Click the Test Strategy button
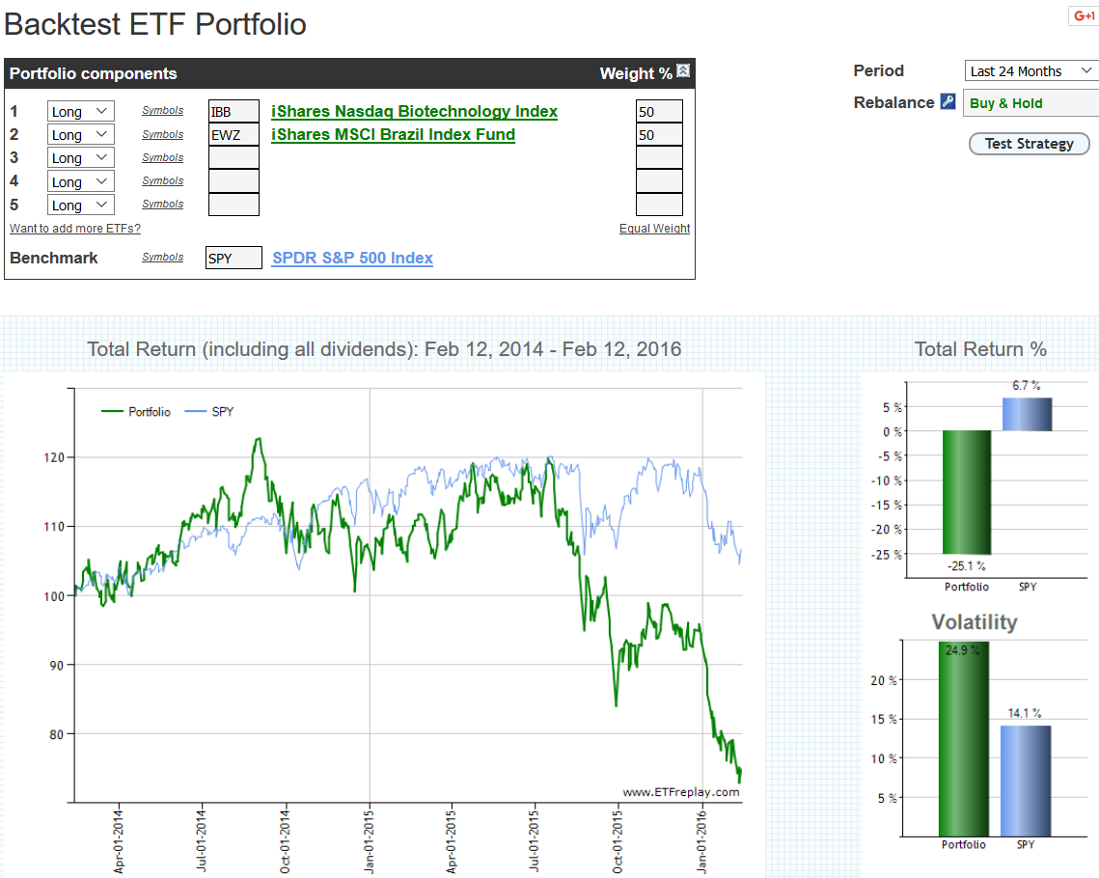[1029, 144]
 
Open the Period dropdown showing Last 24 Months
[1031, 71]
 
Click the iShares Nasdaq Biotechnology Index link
[414, 111]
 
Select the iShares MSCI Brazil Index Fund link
[393, 134]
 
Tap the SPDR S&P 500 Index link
[352, 258]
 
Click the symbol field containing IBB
[234, 112]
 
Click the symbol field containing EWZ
[234, 135]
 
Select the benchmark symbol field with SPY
[234, 259]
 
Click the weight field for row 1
[659, 112]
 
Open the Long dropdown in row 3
[80, 158]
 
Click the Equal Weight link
[654, 229]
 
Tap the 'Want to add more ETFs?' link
[75, 229]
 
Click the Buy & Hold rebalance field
[1031, 103]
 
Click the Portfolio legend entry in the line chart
[137, 412]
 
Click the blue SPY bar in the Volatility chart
[1027, 781]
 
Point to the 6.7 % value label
[1026, 386]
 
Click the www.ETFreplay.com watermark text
[680, 792]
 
